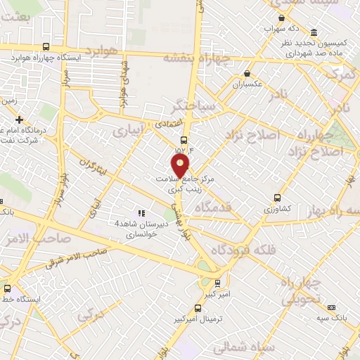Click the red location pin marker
click(x=181, y=166)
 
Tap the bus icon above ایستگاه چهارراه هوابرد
click(x=46, y=47)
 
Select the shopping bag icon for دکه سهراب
click(x=281, y=18)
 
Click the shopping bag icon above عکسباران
click(x=247, y=73)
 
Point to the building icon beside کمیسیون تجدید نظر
click(x=313, y=33)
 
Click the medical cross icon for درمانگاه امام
click(x=19, y=120)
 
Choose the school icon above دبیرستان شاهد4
click(x=141, y=213)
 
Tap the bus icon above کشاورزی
click(x=277, y=198)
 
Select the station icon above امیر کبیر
click(x=217, y=283)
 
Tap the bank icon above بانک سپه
click(x=332, y=307)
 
